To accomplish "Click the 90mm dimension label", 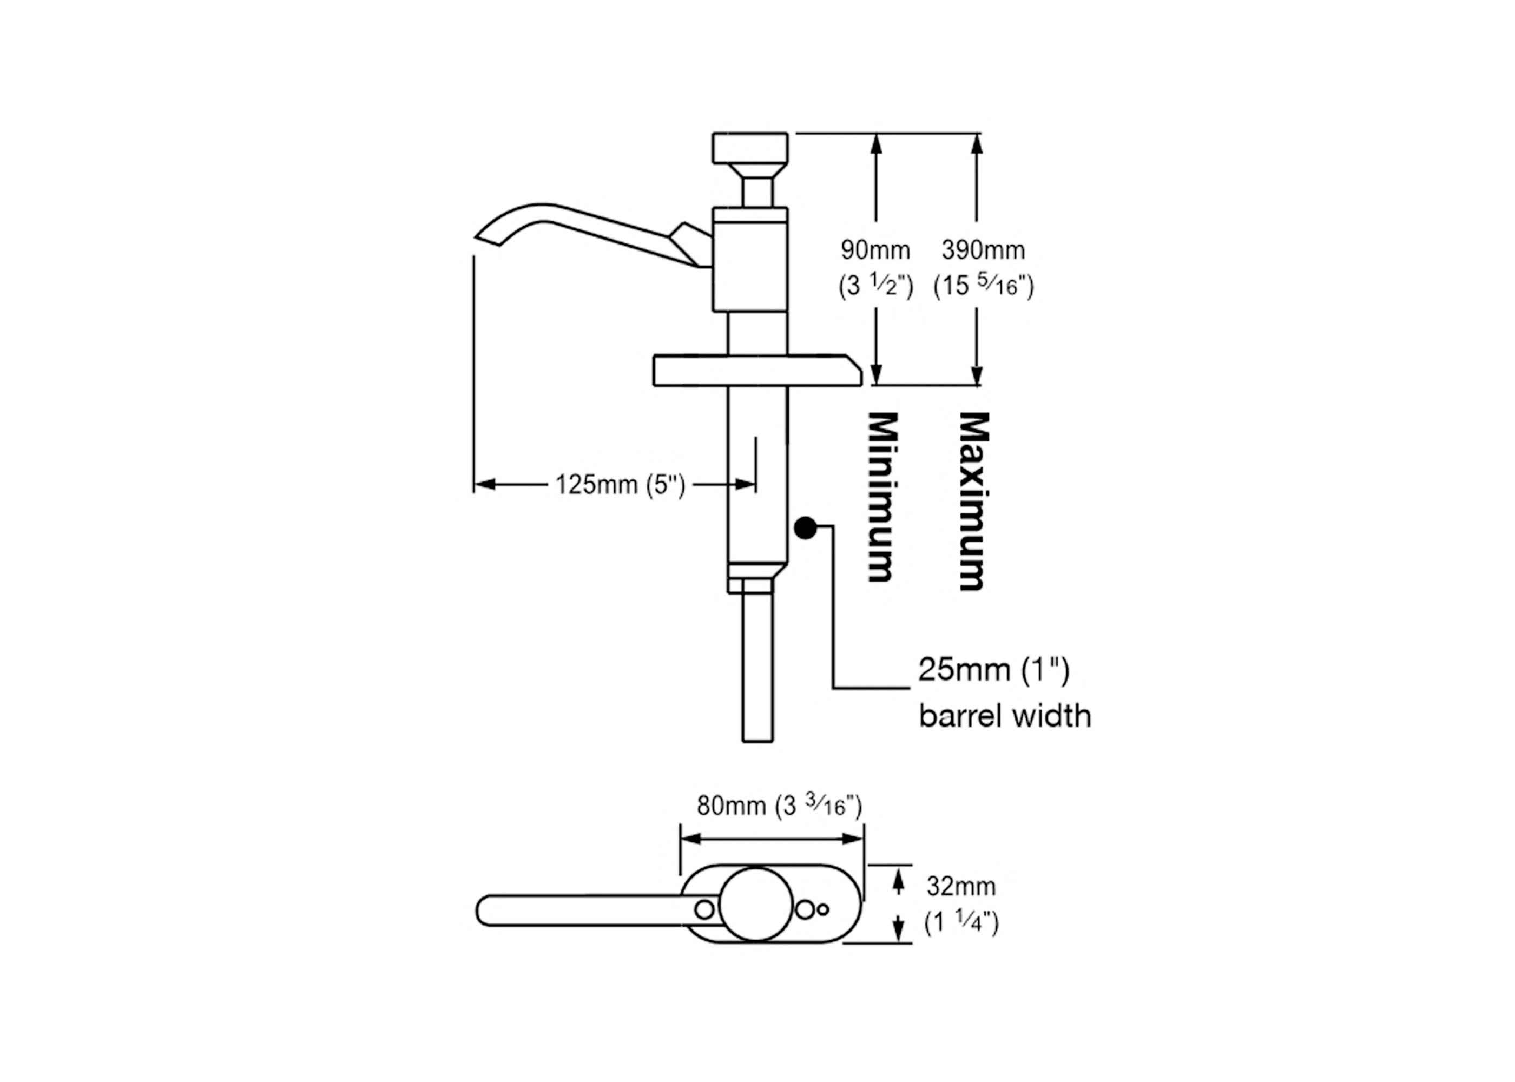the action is point(875,250).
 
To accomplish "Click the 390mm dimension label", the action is point(983,250).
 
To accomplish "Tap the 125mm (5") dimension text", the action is point(620,485).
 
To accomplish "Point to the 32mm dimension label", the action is point(961,886).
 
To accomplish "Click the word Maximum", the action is point(973,501).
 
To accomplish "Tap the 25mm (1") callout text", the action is point(994,670).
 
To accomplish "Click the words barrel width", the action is point(1005,717).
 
